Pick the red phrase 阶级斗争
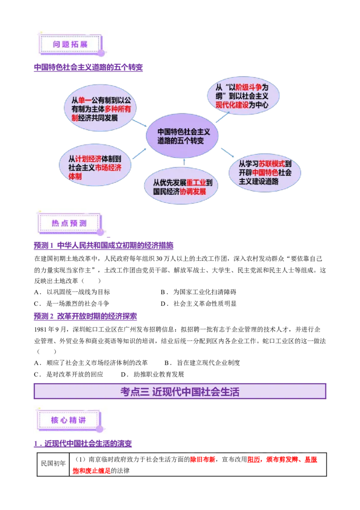tap(248, 87)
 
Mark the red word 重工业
tap(196, 183)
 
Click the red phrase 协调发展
tap(193, 191)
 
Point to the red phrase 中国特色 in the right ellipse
tap(265, 172)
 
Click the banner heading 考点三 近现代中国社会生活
tap(180, 391)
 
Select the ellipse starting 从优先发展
tap(181, 187)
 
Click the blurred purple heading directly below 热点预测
tap(103, 246)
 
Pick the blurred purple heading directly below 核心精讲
tap(83, 444)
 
